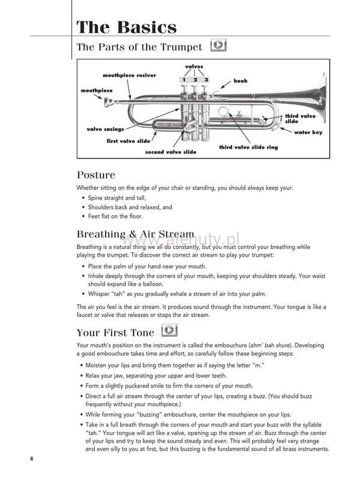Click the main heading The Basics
pyautogui.click(x=127, y=27)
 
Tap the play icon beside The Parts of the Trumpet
pyautogui.click(x=220, y=46)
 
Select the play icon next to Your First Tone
pyautogui.click(x=170, y=330)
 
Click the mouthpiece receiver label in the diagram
pyautogui.click(x=129, y=76)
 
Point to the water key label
pyautogui.click(x=308, y=133)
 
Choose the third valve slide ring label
pyautogui.click(x=248, y=147)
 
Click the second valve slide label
pyautogui.click(x=170, y=152)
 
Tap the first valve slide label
pyautogui.click(x=128, y=141)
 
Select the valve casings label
pyautogui.click(x=105, y=129)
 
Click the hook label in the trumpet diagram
pyautogui.click(x=240, y=80)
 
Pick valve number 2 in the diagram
pyautogui.click(x=195, y=79)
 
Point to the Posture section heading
pyautogui.click(x=96, y=175)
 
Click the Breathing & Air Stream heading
pyautogui.click(x=136, y=234)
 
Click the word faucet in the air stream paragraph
pyautogui.click(x=87, y=315)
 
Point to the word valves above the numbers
pyautogui.click(x=194, y=67)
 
